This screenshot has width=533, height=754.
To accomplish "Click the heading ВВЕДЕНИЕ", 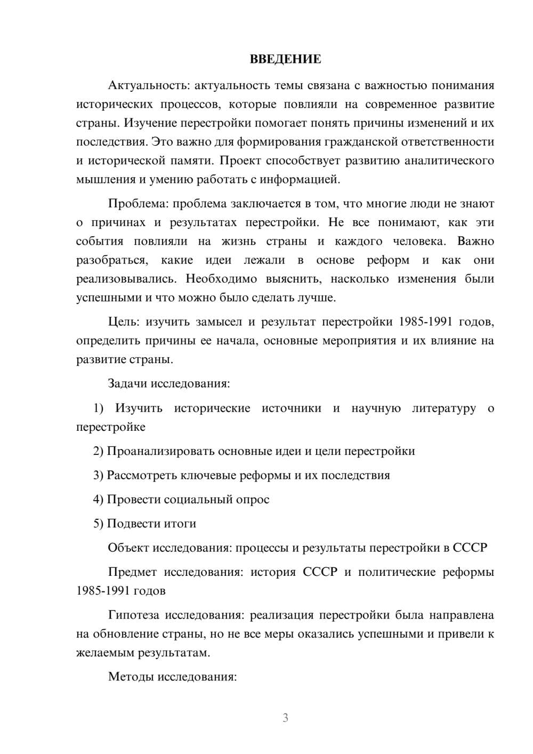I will tap(285, 59).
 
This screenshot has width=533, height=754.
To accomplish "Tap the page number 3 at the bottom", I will tap(285, 718).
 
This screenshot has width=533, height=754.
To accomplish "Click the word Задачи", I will tap(128, 383).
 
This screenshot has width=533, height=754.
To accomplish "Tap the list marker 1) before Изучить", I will tap(99, 408).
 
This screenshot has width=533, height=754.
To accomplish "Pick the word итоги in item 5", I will tap(181, 524).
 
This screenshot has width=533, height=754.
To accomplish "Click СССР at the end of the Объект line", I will tap(470, 548).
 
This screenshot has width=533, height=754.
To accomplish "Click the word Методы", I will tap(130, 677).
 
